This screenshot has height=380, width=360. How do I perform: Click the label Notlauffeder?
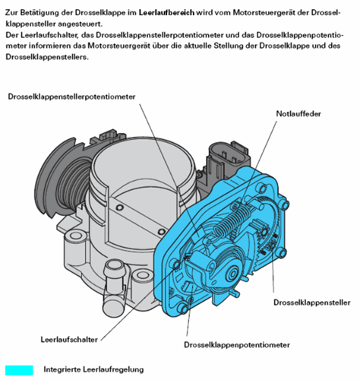[x=298, y=114]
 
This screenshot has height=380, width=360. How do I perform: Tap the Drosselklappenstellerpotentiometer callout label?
[x=71, y=97]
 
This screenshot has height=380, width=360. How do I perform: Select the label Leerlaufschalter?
[x=69, y=340]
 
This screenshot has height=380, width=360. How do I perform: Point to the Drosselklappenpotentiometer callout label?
[x=237, y=345]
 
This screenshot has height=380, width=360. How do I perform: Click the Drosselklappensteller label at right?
[x=312, y=302]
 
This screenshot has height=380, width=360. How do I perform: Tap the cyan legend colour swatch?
[x=19, y=370]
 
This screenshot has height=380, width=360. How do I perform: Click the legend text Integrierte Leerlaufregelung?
[x=93, y=369]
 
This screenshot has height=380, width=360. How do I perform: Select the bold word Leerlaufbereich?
[x=166, y=12]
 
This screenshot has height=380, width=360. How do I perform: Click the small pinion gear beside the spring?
[x=264, y=232]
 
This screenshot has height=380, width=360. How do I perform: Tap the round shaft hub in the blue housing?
[x=232, y=274]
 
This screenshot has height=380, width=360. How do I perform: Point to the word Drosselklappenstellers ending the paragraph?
[x=47, y=57]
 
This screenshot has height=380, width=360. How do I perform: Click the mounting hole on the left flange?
[x=75, y=236]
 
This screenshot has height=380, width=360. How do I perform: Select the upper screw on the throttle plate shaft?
[x=118, y=207]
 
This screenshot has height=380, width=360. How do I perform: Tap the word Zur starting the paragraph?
[x=11, y=12]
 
